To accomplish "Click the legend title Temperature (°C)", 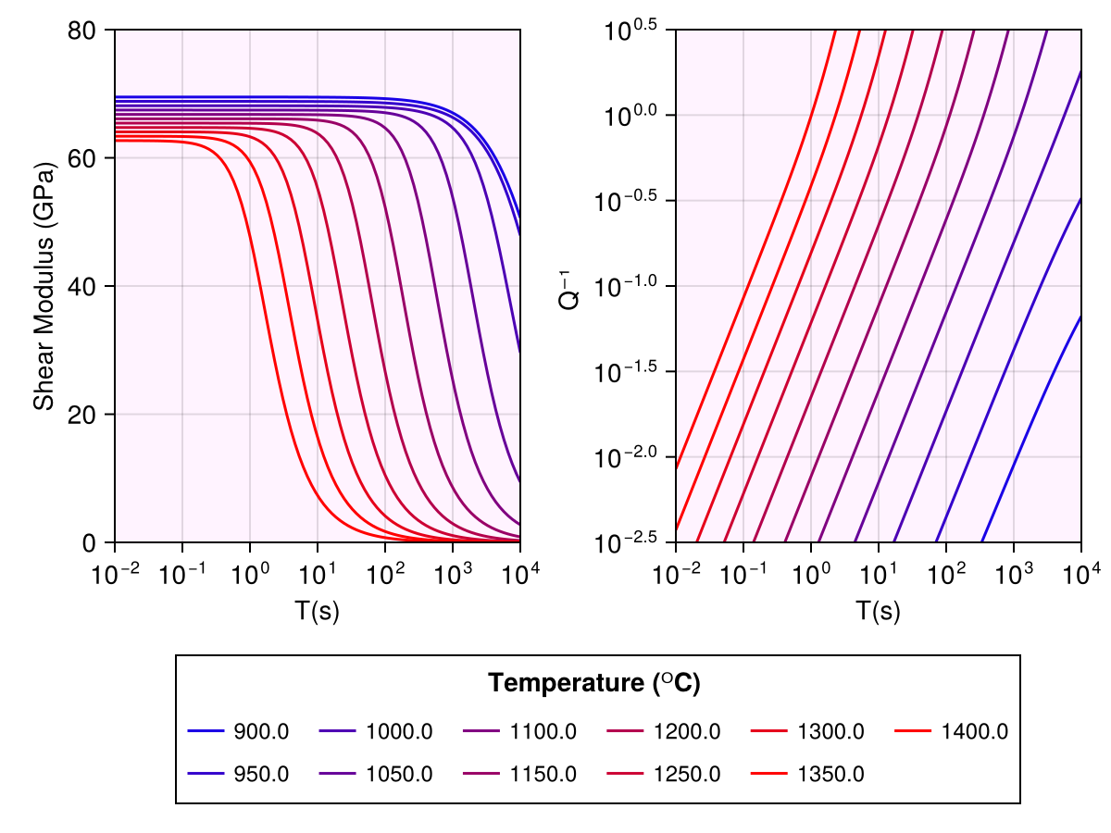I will click(x=594, y=684).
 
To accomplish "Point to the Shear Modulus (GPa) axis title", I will click(x=44, y=286).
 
